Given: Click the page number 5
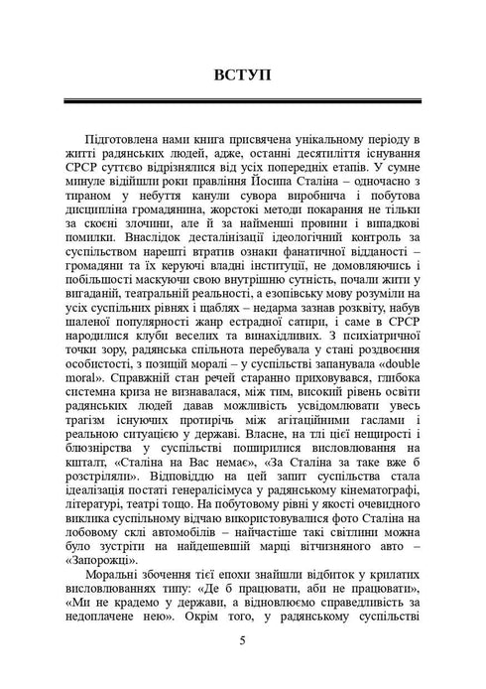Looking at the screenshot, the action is pyautogui.click(x=243, y=640).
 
